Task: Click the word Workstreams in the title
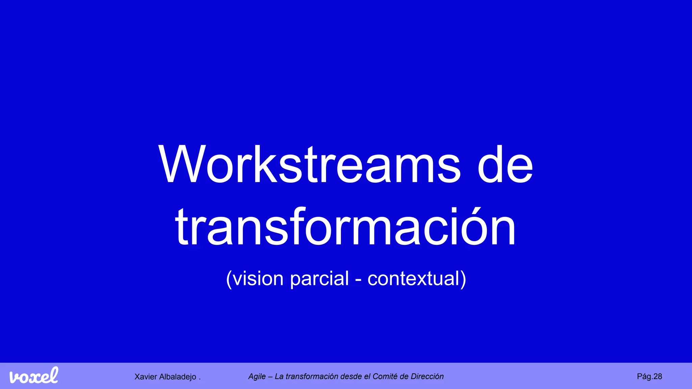[x=309, y=164]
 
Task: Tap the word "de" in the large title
[x=505, y=164]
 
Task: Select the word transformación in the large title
[x=345, y=227]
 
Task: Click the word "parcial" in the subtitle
[x=319, y=279]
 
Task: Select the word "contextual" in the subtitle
[x=413, y=279]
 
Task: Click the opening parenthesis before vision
[x=229, y=279]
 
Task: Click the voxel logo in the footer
[x=34, y=375]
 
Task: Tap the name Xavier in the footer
[x=146, y=377]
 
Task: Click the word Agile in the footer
[x=257, y=377]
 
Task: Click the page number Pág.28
[x=649, y=377]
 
